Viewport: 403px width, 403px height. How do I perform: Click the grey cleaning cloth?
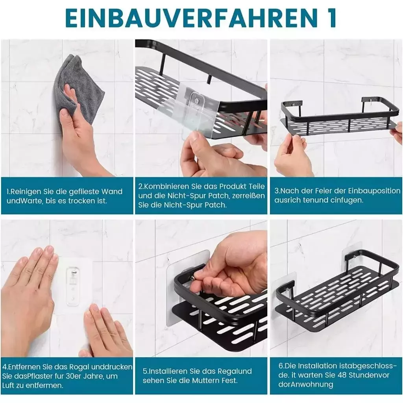77,90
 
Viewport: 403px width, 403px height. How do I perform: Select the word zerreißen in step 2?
248,196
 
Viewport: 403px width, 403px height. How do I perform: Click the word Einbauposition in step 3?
374,191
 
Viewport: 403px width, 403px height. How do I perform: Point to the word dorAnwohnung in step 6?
305,385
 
